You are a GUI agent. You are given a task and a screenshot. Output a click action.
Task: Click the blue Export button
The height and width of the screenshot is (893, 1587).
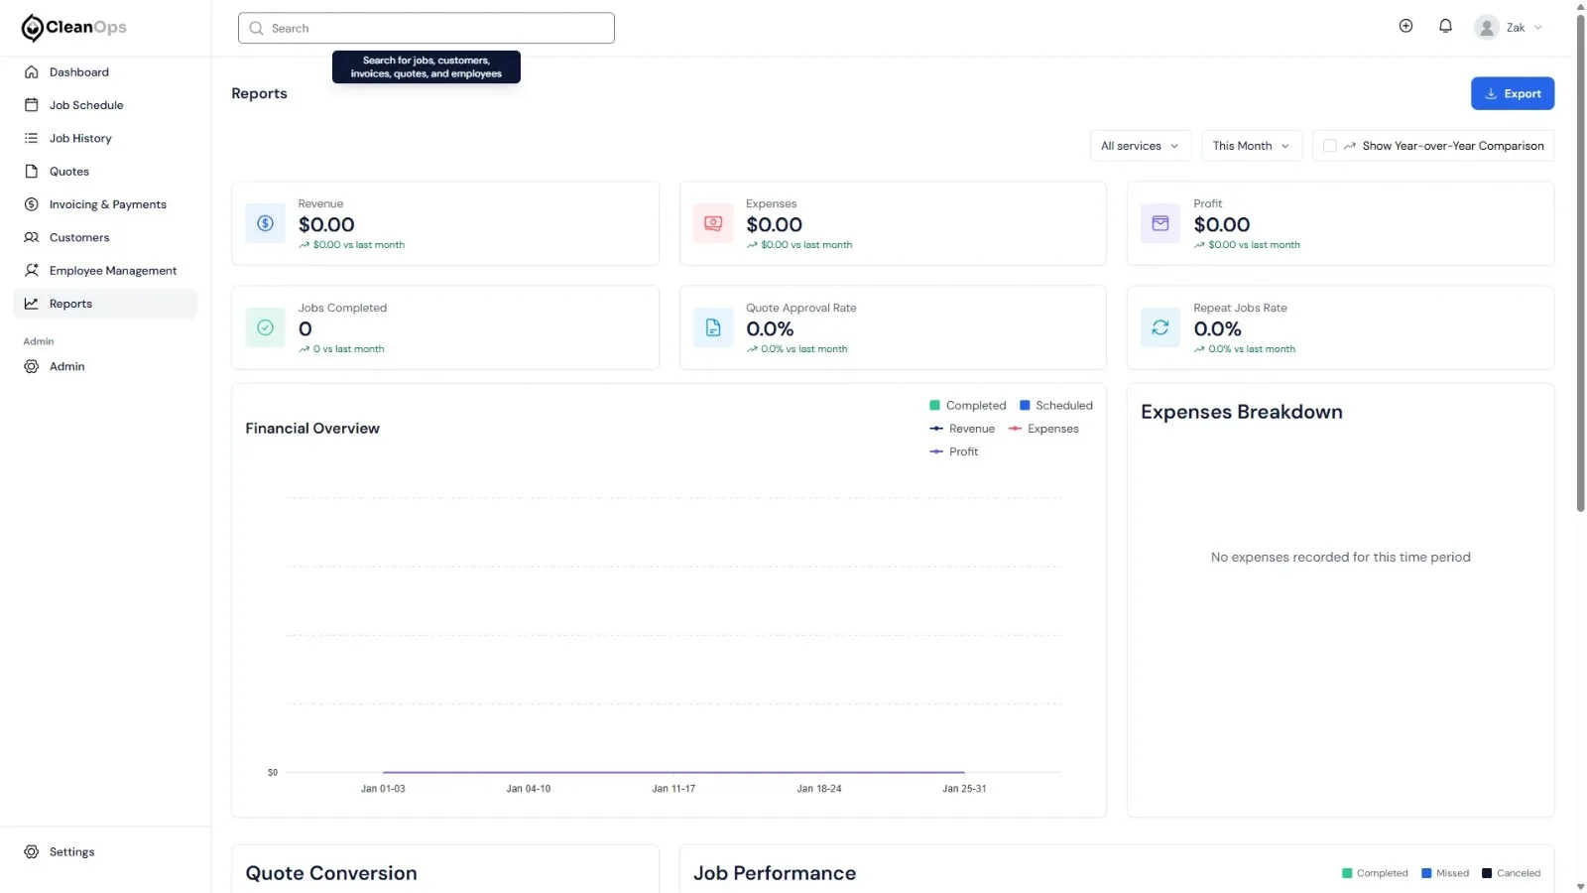[x=1512, y=93]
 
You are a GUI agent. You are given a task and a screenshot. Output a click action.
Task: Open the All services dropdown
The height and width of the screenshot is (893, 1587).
[x=1140, y=146]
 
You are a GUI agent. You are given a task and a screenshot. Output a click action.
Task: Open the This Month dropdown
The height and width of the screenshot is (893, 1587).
[x=1251, y=146]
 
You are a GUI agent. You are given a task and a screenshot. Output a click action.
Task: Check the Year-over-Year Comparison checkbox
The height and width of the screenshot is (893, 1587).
[x=1329, y=146]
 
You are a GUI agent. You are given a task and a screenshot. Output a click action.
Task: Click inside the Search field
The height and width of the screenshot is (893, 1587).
[x=426, y=29]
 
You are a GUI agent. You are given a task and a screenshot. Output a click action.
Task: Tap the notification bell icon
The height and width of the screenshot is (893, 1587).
[x=1445, y=26]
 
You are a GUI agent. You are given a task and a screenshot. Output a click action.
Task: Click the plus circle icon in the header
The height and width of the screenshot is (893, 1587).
[x=1405, y=26]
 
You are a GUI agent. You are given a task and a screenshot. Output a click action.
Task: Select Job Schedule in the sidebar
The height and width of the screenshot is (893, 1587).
[x=85, y=105]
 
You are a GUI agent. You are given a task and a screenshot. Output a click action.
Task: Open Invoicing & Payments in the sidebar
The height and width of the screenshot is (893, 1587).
[x=108, y=204]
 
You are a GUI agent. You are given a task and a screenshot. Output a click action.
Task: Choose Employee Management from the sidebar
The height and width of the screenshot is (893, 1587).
[x=113, y=271]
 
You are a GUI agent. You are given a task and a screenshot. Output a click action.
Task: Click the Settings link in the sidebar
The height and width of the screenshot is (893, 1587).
[x=71, y=852]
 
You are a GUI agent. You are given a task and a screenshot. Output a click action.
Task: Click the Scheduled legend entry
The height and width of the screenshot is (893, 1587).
[x=1055, y=406]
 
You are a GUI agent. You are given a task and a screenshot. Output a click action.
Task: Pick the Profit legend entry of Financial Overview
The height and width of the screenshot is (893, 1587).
[x=953, y=451]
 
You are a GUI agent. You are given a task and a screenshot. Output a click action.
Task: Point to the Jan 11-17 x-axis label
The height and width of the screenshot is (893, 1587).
[x=673, y=788]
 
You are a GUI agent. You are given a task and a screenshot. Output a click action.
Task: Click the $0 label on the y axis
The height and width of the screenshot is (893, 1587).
[x=273, y=773]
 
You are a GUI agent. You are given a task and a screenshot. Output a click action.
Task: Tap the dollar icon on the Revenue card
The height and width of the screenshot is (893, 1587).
[x=265, y=223]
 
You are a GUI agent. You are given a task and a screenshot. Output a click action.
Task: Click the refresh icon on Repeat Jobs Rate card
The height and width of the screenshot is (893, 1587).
[x=1160, y=327]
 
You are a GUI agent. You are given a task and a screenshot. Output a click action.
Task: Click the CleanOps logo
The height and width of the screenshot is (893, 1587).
[x=73, y=28]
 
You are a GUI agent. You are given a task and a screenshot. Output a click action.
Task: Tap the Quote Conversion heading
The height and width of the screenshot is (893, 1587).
[x=331, y=873]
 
